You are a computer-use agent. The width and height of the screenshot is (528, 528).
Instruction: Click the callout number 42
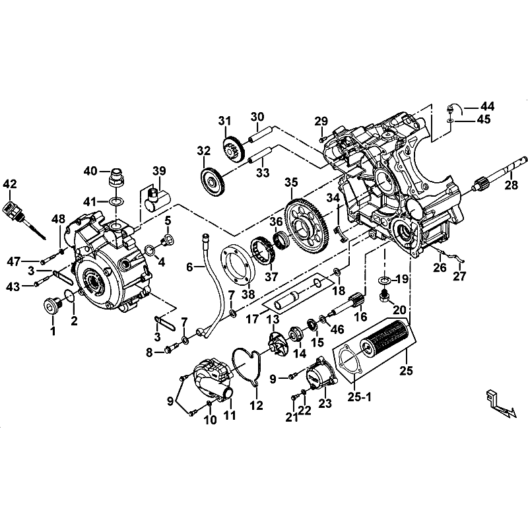[10, 184]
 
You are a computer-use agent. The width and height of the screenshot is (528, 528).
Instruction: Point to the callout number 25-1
[359, 397]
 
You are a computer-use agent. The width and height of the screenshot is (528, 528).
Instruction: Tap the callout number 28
[511, 185]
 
